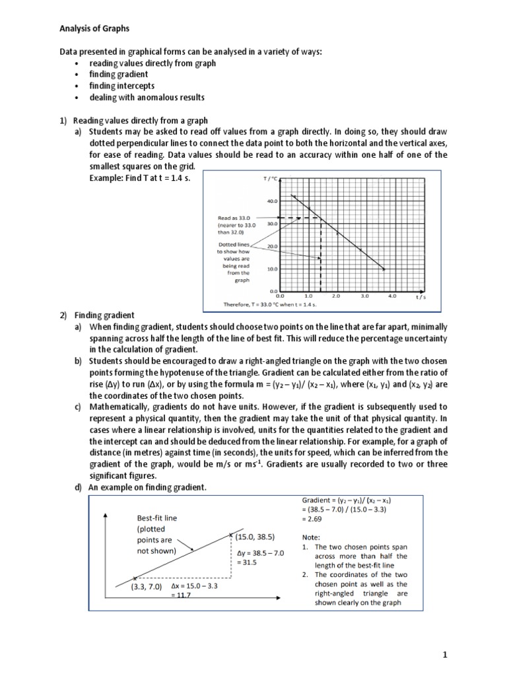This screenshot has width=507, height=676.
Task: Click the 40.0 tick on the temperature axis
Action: click(x=272, y=200)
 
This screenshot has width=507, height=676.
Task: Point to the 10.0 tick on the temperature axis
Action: click(x=272, y=269)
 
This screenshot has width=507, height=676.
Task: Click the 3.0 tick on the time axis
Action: click(x=364, y=296)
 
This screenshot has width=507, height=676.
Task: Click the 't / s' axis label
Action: click(x=421, y=297)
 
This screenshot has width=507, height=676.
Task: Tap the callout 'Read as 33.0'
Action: click(x=230, y=217)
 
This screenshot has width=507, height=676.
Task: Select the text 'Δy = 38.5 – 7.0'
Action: click(x=259, y=553)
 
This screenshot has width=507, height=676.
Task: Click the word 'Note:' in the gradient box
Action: click(x=312, y=537)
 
